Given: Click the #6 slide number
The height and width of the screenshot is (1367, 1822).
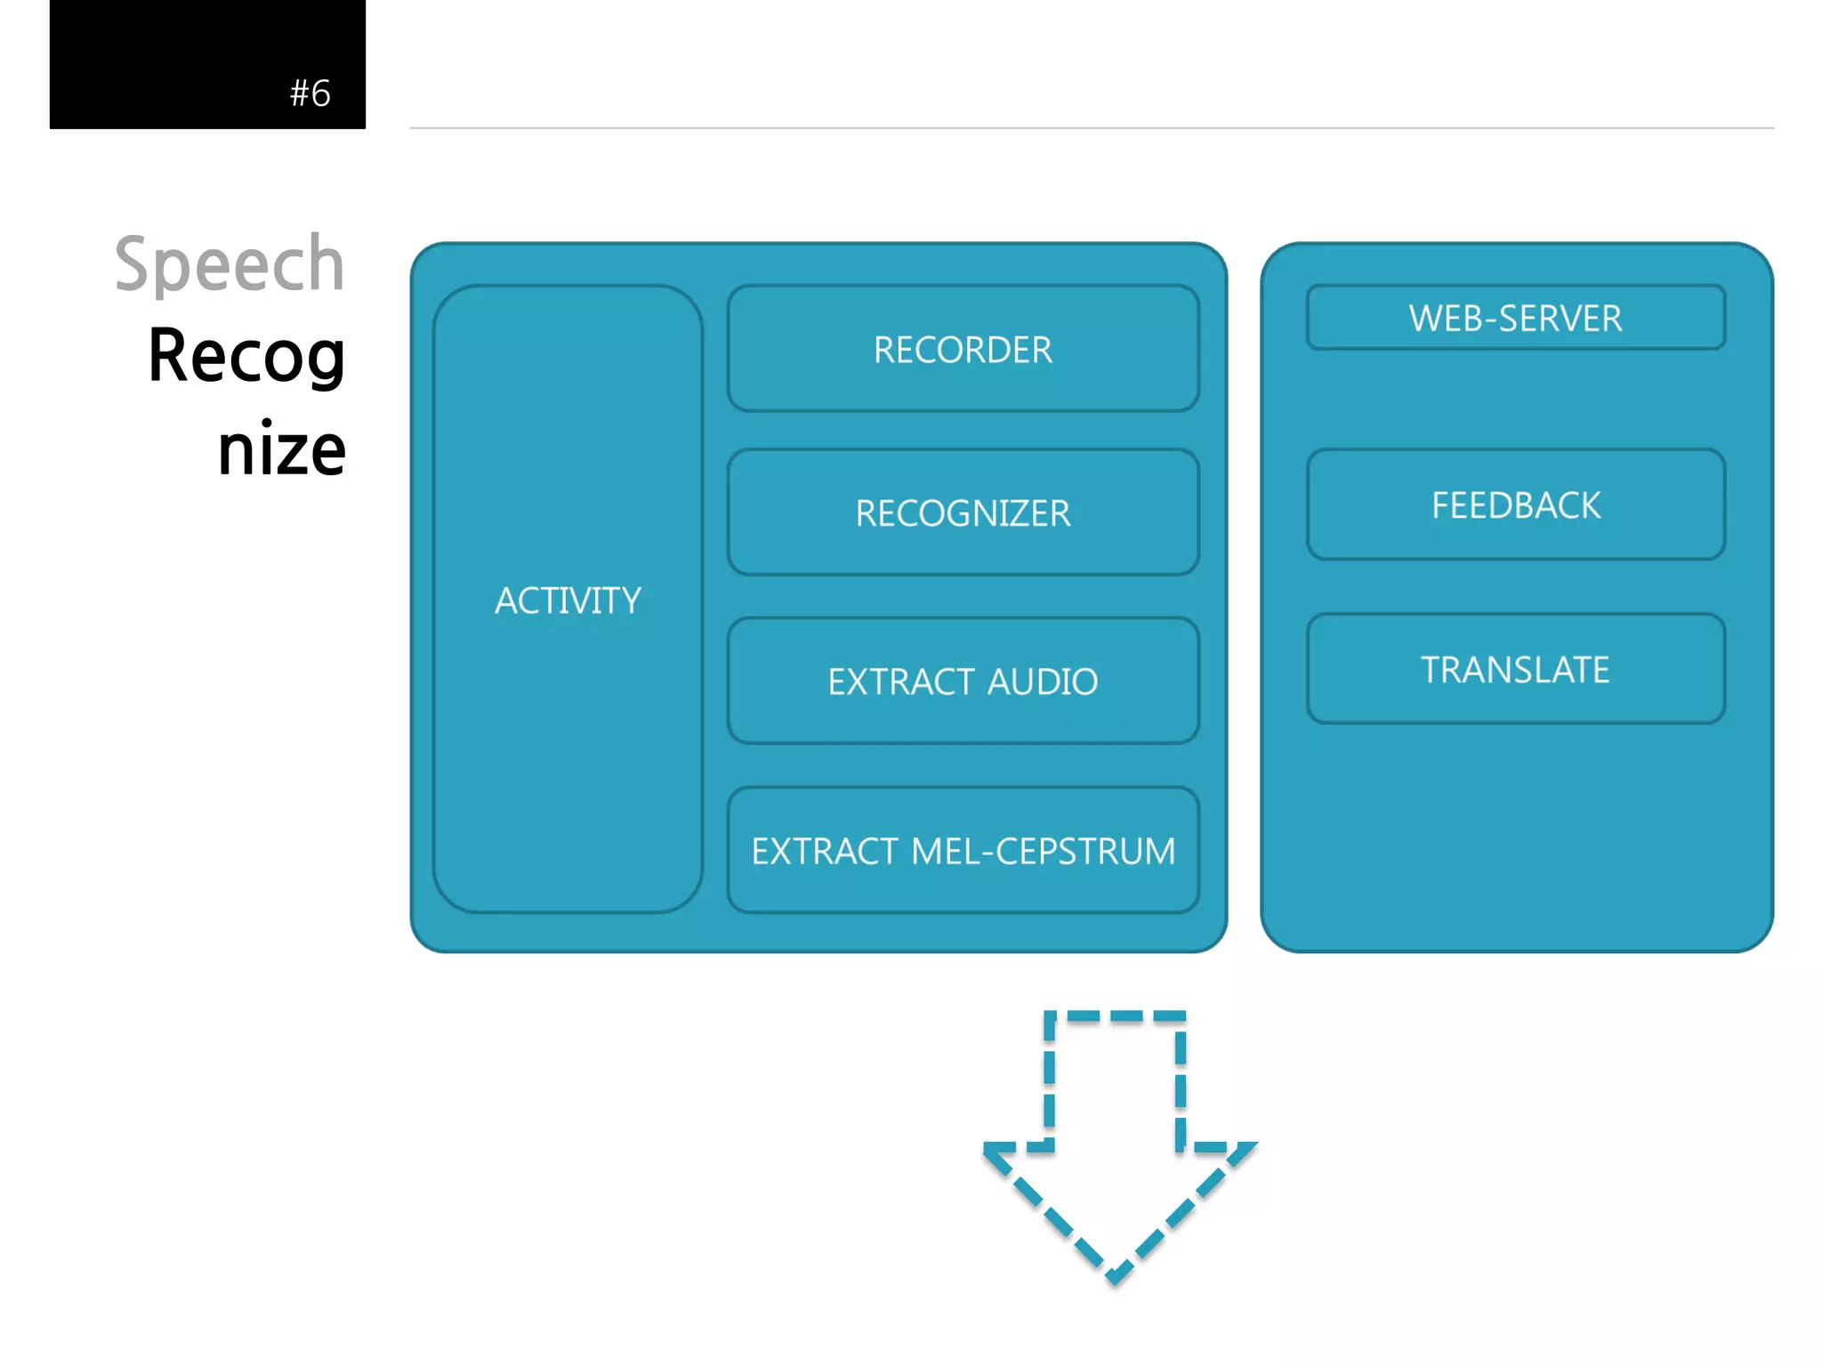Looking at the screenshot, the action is click(x=310, y=93).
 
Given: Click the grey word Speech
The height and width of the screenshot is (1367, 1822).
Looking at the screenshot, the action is click(x=230, y=264).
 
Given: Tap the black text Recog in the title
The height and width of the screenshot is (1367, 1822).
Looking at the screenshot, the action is click(x=246, y=356).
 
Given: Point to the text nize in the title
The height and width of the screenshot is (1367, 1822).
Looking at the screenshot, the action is click(x=281, y=449).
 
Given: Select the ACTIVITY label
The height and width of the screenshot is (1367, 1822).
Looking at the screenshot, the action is click(x=568, y=601).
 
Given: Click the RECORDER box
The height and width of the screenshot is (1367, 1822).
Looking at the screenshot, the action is click(x=963, y=349).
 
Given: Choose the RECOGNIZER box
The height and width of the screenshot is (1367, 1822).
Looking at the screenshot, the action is click(x=963, y=513).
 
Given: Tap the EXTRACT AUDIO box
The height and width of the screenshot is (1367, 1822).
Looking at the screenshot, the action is click(x=963, y=681).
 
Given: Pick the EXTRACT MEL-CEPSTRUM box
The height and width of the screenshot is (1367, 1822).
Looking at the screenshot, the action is click(x=963, y=851).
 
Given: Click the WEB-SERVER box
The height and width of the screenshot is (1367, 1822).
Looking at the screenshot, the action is click(x=1515, y=318).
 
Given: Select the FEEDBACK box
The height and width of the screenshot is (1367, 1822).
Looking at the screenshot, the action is click(x=1515, y=505).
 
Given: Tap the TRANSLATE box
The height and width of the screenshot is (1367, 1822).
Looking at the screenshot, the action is click(x=1515, y=669).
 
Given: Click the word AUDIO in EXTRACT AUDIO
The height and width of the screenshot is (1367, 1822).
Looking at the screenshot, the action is click(x=1043, y=682).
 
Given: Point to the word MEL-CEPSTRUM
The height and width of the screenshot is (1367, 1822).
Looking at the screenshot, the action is click(x=1043, y=852).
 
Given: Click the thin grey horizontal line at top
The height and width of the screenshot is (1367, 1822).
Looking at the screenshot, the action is click(x=1091, y=128).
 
